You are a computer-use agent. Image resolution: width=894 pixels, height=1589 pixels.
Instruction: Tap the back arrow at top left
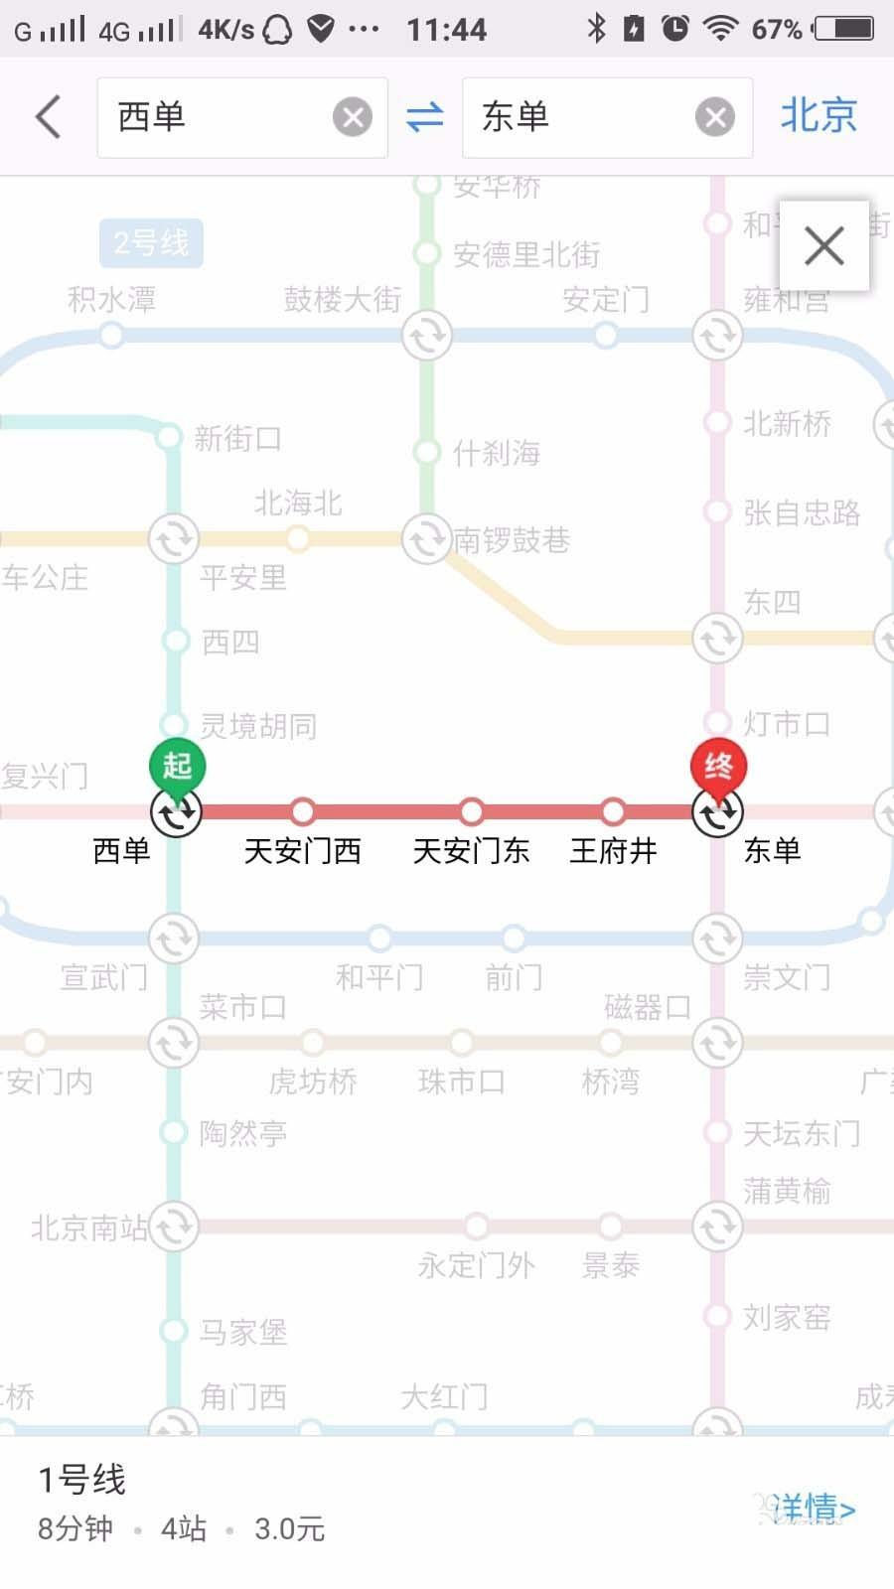(x=48, y=116)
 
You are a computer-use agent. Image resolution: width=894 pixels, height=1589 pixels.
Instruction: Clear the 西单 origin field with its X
(x=352, y=117)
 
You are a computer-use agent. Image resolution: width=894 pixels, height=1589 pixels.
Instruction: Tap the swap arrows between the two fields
(x=425, y=117)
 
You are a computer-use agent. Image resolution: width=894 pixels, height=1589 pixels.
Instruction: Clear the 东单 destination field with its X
(x=714, y=117)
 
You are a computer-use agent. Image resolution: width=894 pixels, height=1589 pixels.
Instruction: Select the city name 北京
(x=818, y=115)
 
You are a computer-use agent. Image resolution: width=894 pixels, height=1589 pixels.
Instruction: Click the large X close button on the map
(x=823, y=246)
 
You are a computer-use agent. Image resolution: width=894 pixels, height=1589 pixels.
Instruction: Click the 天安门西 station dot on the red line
(x=303, y=811)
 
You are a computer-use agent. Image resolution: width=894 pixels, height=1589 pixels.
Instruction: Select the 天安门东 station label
(x=471, y=851)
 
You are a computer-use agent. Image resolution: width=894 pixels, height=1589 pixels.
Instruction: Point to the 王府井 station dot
(x=613, y=811)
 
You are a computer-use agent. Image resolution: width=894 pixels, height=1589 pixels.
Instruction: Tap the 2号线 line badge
(x=151, y=243)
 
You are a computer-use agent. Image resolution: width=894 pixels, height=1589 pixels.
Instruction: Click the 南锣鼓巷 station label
(x=512, y=540)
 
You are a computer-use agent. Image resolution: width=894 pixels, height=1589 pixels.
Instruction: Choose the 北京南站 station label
(x=89, y=1228)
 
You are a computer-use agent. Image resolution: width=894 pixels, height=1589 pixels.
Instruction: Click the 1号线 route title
(x=82, y=1480)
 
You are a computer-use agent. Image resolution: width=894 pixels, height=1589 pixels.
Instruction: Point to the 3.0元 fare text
(x=289, y=1529)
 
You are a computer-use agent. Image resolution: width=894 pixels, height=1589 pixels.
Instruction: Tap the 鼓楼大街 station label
(x=343, y=299)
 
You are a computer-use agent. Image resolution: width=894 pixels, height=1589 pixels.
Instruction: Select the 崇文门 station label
(x=787, y=978)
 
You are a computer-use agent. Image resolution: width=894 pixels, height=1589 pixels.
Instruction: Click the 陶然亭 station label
(x=242, y=1133)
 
